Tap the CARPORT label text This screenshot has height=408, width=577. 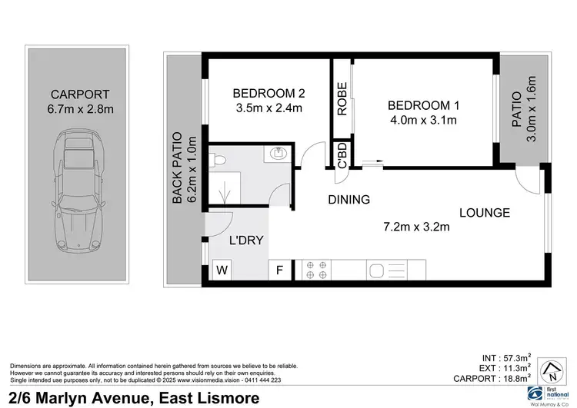pyautogui.click(x=80, y=95)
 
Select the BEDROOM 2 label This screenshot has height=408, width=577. pyautogui.click(x=268, y=94)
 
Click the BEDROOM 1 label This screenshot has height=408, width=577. pyautogui.click(x=423, y=105)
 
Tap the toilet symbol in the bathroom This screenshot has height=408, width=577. pyautogui.click(x=218, y=160)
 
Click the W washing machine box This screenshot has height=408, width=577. pyautogui.click(x=222, y=270)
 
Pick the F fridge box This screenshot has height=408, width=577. pyautogui.click(x=278, y=270)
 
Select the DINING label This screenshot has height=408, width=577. pyautogui.click(x=349, y=200)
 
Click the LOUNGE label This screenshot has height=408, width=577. pyautogui.click(x=485, y=213)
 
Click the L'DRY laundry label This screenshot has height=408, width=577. pyautogui.click(x=246, y=240)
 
